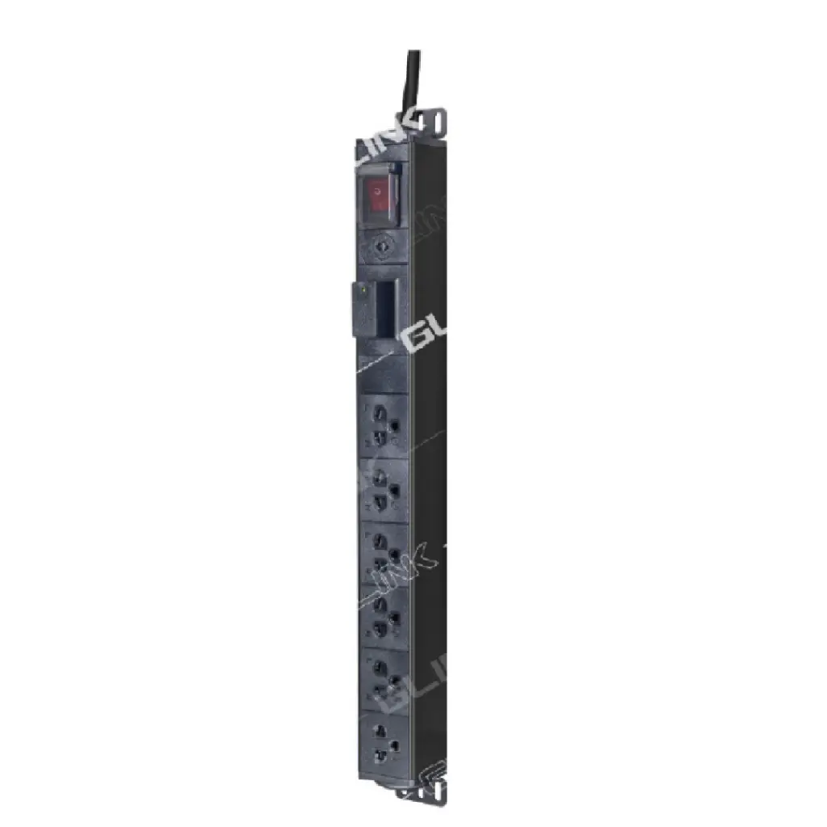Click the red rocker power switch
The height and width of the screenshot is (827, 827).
[376, 195]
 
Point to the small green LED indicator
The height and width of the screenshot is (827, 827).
[364, 286]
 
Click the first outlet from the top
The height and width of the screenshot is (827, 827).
[383, 425]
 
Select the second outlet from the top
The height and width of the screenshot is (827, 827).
[383, 488]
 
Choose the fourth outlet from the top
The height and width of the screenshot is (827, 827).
[383, 616]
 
